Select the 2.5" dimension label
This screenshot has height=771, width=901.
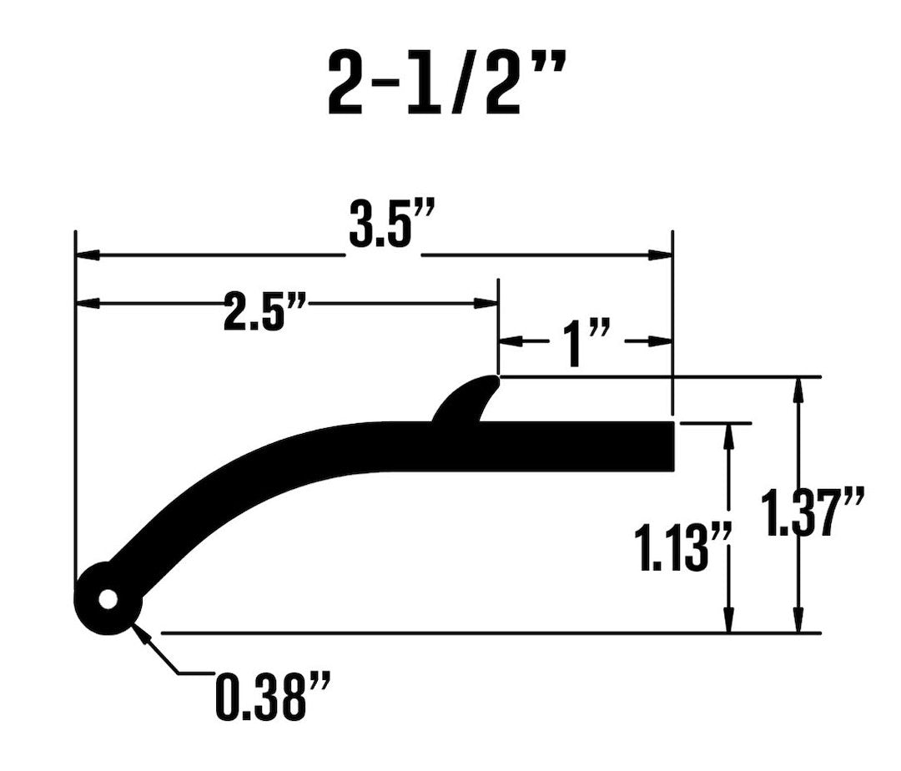tap(264, 309)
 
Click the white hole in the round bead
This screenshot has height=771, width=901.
tap(107, 600)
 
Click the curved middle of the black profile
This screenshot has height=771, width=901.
tap(275, 455)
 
